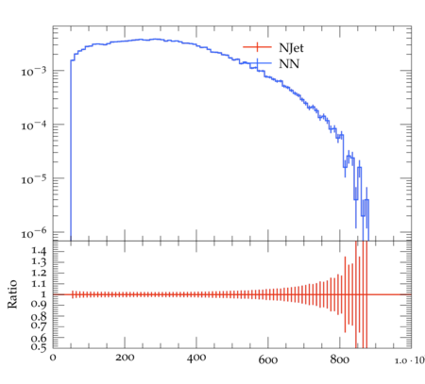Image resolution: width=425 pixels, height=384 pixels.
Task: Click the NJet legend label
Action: (x=291, y=48)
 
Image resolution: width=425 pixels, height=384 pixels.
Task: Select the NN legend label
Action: (x=289, y=64)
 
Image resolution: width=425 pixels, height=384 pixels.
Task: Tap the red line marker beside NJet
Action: (x=257, y=47)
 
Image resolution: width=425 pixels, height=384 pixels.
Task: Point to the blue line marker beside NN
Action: (x=257, y=63)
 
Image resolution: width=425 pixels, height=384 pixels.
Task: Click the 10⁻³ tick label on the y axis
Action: (x=33, y=71)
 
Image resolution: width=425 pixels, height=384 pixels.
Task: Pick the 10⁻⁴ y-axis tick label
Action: (x=33, y=125)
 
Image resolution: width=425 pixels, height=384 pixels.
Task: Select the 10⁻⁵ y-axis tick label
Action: (x=33, y=179)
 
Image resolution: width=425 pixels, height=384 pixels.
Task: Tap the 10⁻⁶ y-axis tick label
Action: (x=33, y=233)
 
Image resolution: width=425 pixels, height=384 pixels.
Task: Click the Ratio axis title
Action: (x=12, y=294)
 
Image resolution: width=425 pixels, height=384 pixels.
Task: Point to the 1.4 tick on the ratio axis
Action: (x=39, y=251)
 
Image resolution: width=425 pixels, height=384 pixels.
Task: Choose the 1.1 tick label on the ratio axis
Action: (x=39, y=284)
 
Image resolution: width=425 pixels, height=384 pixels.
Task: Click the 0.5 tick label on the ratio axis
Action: (x=39, y=347)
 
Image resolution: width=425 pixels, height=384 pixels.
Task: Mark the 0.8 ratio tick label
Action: (x=39, y=316)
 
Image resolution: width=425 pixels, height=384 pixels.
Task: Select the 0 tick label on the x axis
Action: (x=53, y=358)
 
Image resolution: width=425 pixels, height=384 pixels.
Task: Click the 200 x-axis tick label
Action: (x=125, y=358)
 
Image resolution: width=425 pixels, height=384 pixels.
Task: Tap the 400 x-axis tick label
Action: (x=196, y=359)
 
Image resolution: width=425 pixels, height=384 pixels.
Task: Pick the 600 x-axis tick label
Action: (x=268, y=359)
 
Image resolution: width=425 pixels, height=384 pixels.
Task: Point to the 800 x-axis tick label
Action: (x=339, y=359)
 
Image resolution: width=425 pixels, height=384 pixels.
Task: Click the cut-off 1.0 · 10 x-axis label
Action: (x=410, y=360)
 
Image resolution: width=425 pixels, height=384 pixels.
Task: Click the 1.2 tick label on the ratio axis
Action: (x=39, y=273)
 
